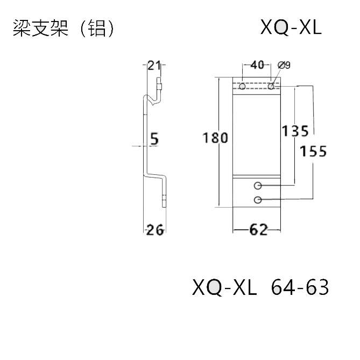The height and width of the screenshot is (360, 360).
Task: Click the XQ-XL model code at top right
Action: click(x=290, y=27)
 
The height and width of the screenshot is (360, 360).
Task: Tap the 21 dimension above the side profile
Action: click(x=154, y=66)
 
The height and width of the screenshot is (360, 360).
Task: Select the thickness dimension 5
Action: click(x=154, y=139)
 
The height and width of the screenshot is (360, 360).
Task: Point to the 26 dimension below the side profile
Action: click(x=155, y=230)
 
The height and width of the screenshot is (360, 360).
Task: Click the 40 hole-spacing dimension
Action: click(x=257, y=66)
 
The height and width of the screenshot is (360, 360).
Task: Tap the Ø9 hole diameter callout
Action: click(x=284, y=65)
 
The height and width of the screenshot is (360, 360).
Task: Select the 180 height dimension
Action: click(x=215, y=138)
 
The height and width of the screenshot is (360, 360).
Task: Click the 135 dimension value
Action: click(x=295, y=131)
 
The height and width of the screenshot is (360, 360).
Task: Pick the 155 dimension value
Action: click(x=313, y=151)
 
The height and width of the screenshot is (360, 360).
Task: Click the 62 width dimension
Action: click(x=258, y=230)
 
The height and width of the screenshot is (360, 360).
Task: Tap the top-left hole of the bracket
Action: click(x=243, y=86)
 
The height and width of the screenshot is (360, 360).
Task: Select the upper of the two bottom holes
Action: click(x=258, y=186)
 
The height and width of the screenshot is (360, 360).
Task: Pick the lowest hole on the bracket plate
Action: click(x=258, y=200)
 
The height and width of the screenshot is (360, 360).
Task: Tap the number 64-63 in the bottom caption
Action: click(x=300, y=288)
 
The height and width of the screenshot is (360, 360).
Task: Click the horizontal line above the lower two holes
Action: click(x=257, y=177)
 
